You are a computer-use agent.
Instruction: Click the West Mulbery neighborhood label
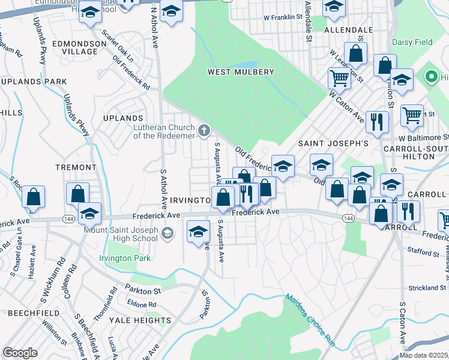pyautogui.click(x=241, y=72)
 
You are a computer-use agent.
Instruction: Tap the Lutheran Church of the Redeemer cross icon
pyautogui.click(x=204, y=130)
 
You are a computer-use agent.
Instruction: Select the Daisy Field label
pyautogui.click(x=411, y=42)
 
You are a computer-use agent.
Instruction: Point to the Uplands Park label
pyautogui.click(x=34, y=81)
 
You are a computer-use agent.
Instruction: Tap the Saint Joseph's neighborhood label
pyautogui.click(x=342, y=144)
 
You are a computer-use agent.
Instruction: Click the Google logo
pyautogui.click(x=20, y=353)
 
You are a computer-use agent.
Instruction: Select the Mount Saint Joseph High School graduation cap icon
pyautogui.click(x=168, y=232)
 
